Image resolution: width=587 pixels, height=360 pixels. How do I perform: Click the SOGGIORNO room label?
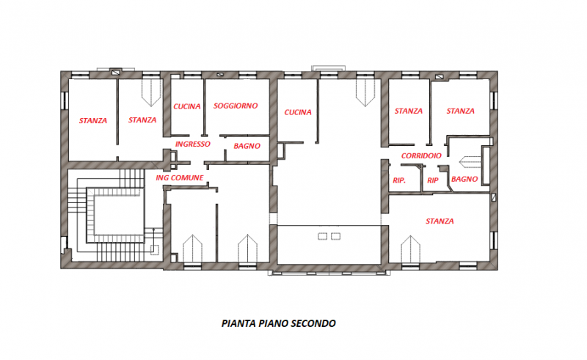236,106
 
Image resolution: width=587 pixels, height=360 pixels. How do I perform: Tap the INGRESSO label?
193,144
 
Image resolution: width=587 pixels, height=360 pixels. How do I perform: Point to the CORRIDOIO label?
421,156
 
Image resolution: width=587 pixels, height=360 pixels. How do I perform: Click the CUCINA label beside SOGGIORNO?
187,106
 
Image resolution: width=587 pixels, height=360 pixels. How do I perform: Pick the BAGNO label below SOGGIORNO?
247,147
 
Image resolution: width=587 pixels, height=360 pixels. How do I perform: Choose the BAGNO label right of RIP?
465,179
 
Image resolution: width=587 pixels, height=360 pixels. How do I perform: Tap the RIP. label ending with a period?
400,180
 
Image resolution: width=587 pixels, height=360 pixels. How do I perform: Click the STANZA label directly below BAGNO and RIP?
440,221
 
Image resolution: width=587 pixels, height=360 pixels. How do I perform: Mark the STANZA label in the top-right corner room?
460,111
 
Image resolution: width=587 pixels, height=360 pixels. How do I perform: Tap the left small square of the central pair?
321,235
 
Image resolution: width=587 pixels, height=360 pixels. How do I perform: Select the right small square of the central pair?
336,235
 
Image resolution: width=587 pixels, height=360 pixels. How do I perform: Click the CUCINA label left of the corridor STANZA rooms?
297,112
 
